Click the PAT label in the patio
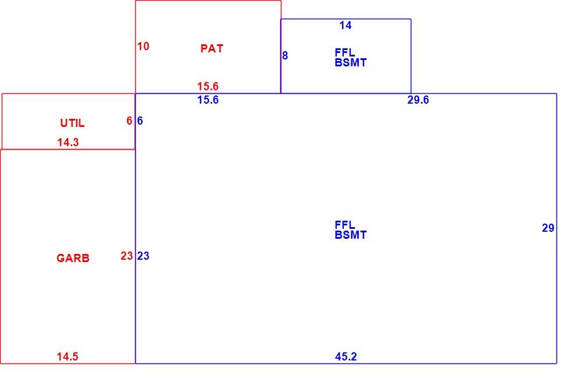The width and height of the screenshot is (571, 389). (212, 48)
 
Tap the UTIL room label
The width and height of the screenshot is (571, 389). (72, 123)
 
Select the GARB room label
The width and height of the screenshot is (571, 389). (73, 258)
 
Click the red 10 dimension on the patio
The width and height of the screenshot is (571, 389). (143, 46)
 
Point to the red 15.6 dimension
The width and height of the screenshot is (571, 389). (208, 86)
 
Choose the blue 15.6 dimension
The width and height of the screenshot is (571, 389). (208, 100)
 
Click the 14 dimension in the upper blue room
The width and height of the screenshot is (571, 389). (346, 26)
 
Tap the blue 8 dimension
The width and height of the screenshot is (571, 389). (285, 56)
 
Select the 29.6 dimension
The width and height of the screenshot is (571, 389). (418, 100)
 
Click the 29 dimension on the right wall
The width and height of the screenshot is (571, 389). (548, 228)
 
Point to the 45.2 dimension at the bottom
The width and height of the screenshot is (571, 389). (346, 356)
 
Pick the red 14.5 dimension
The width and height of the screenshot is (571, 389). (68, 356)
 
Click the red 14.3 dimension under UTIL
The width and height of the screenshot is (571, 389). (68, 142)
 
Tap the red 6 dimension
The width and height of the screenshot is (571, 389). (129, 121)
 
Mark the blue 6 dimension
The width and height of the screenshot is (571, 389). (140, 121)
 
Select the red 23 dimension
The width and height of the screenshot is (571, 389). (127, 256)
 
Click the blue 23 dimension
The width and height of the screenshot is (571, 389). (143, 256)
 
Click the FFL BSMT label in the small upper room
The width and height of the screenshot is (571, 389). (350, 58)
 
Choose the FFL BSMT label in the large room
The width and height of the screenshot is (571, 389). (350, 230)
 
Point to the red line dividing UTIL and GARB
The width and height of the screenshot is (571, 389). (68, 149)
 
